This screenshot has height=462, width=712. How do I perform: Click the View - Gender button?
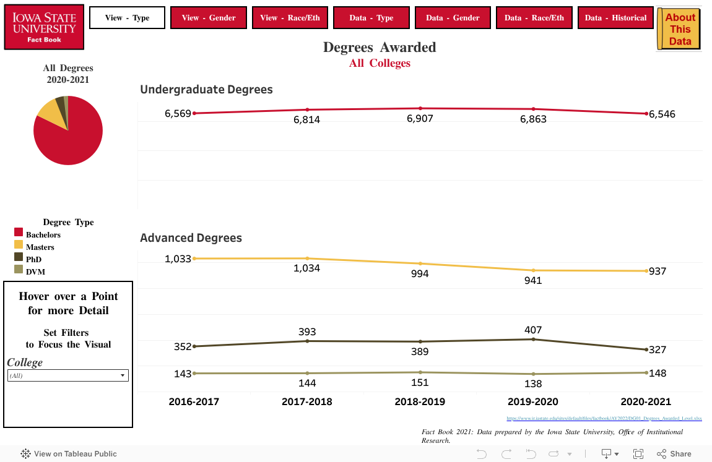pos(209,18)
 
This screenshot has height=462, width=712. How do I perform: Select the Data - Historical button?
pos(617,18)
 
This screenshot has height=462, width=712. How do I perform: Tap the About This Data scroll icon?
pos(679,29)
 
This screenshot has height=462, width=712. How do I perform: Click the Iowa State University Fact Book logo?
pos(44,27)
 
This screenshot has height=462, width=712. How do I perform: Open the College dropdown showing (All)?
pos(67,375)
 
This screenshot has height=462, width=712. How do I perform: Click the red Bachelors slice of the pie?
pos(68,139)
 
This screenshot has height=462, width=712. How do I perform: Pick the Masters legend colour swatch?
pos(19,245)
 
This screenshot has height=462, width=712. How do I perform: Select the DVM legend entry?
pos(35,272)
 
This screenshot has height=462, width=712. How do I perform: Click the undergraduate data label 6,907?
pos(420,119)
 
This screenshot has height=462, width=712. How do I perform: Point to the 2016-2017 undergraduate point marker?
pos(194,113)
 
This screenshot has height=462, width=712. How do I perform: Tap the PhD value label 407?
pos(533,330)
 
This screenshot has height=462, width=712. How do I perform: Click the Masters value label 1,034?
pos(306,268)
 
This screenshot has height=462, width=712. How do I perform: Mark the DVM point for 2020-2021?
pos(646,372)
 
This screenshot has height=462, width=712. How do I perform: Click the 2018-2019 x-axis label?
pos(420,401)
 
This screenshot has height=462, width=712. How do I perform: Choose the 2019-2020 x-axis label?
pos(532,401)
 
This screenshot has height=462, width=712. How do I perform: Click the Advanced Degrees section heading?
pos(191,237)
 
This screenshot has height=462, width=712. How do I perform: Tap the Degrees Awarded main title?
pos(380,47)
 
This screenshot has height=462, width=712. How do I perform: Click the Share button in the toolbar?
pos(674,453)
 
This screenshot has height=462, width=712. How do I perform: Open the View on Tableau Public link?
pos(69,453)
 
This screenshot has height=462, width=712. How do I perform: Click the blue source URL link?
pos(604,419)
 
